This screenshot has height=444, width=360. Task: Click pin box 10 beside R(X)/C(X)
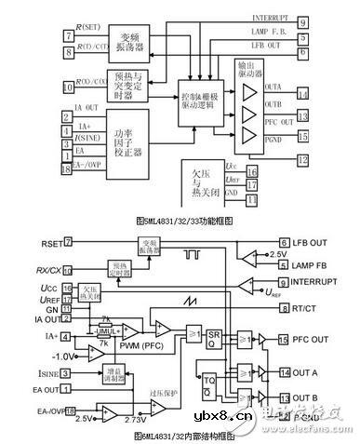point(67,87)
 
